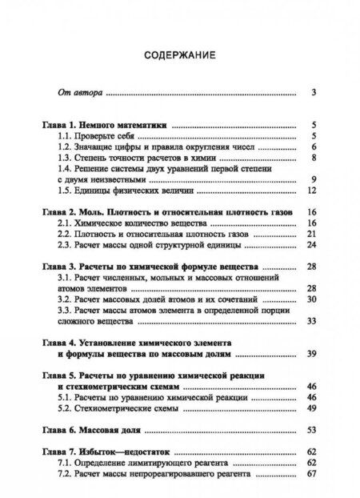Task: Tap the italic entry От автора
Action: point(79,93)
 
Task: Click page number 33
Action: point(313,321)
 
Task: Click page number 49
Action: point(313,407)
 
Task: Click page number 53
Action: point(313,429)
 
